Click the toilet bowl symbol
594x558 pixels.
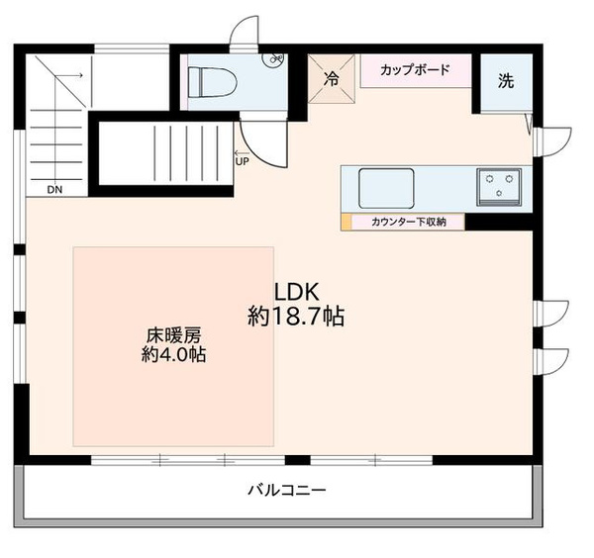213,82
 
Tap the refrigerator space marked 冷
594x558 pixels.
332,79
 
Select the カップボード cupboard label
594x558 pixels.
415,70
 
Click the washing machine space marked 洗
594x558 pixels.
506,81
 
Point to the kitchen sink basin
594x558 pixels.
386,188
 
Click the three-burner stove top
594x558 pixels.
499,187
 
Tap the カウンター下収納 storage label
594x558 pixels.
408,222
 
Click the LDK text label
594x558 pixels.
296,292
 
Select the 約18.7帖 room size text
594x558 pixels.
296,316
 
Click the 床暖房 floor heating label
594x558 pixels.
174,335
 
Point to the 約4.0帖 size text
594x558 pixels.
174,355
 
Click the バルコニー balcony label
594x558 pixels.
287,491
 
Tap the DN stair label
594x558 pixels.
54,190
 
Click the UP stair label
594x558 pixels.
243,161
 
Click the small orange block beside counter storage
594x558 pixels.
346,222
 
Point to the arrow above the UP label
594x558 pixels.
240,153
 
